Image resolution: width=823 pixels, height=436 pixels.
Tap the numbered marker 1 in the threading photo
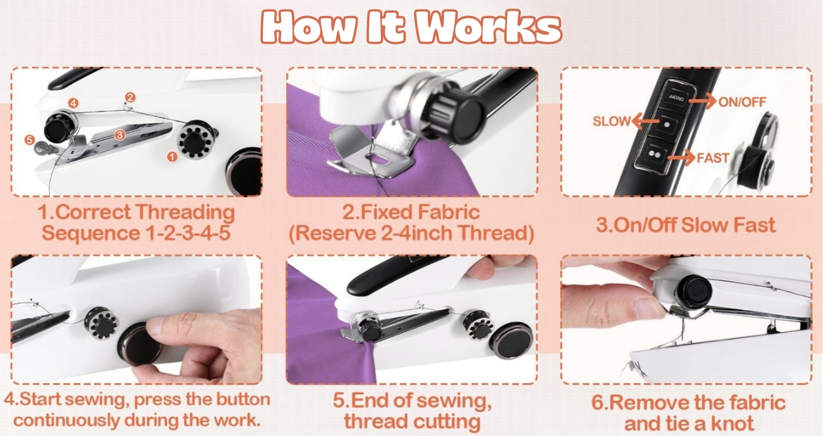[172, 157]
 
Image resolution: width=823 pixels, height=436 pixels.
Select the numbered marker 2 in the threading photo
[130, 97]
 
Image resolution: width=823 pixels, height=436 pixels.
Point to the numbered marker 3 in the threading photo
[120, 135]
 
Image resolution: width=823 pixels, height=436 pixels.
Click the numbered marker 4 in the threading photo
[73, 103]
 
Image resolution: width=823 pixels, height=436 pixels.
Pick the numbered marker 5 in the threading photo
[30, 139]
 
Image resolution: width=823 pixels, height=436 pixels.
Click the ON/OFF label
[742, 102]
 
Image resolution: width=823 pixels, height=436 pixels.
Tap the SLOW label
[611, 121]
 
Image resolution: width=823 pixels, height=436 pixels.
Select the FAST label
[712, 158]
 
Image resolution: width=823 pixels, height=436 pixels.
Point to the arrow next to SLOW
[645, 121]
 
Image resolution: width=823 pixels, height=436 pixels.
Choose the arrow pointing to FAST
[682, 158]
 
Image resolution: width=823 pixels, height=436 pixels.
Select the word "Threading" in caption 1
[185, 213]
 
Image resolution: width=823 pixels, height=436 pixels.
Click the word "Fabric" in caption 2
[448, 212]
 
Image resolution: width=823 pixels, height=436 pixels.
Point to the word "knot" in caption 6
[732, 424]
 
